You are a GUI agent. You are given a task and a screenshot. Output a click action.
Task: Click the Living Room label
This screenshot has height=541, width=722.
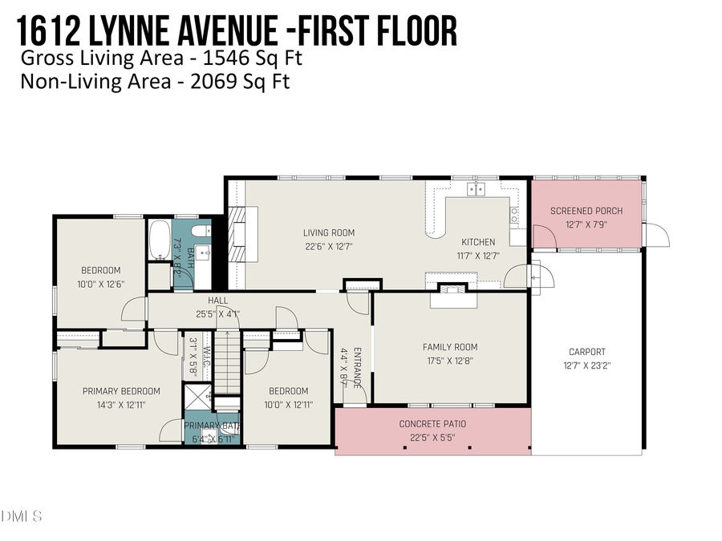[x=329, y=233]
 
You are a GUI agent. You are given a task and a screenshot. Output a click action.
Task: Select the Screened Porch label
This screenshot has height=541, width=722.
[x=586, y=211]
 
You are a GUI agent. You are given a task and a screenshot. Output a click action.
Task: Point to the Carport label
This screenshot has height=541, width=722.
[x=586, y=351]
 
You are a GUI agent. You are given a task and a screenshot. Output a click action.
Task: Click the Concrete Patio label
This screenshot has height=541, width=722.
[x=432, y=424]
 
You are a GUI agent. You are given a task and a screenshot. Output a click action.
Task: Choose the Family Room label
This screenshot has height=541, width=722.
[x=450, y=347]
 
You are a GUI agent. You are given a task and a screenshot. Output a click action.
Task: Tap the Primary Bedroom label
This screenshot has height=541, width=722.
[x=121, y=391]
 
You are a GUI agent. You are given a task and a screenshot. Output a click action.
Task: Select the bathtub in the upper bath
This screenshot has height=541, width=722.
[x=158, y=238]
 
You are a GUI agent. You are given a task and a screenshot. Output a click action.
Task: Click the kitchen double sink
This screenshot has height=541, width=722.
[x=476, y=189]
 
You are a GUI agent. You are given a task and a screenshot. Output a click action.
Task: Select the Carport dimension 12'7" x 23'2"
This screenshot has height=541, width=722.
[x=586, y=365]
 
